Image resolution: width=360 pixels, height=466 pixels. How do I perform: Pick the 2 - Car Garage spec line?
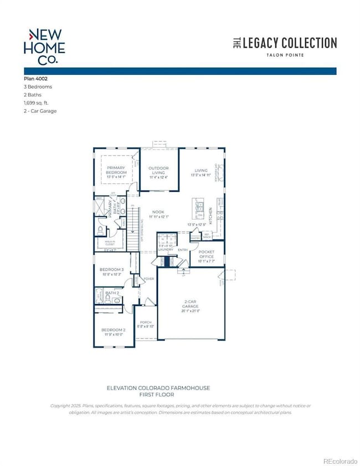tap(40, 111)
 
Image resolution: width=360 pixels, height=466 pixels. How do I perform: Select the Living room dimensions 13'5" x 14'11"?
tap(200, 175)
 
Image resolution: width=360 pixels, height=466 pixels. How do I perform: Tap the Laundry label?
tap(166, 250)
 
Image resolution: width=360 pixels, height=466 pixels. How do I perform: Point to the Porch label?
tap(146, 322)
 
